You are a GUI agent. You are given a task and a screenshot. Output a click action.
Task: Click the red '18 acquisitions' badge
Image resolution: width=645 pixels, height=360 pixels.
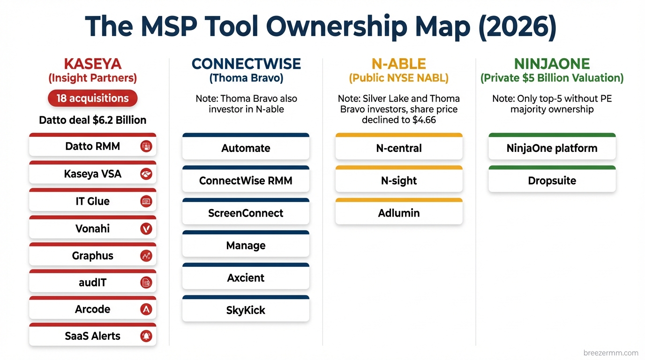[92, 98]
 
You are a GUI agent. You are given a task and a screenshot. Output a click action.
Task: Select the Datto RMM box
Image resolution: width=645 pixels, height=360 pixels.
[92, 146]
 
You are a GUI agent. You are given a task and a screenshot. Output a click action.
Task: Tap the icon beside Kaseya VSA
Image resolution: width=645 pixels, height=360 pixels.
[146, 174]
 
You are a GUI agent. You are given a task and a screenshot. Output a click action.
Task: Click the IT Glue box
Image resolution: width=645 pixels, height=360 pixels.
[92, 201]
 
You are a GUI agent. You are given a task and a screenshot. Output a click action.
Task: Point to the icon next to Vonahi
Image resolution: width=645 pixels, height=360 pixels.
[146, 229]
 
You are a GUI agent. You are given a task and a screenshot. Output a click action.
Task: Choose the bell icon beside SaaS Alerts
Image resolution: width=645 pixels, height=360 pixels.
[146, 336]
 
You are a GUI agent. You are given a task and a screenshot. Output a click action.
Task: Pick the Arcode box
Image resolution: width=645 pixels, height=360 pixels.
[92, 309]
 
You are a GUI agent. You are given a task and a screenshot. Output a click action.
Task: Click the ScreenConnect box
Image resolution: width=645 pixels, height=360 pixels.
[246, 213]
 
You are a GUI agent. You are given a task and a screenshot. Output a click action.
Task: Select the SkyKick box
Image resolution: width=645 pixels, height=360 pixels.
[246, 310]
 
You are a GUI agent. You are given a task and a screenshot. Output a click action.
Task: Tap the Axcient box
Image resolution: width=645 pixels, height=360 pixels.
[246, 278]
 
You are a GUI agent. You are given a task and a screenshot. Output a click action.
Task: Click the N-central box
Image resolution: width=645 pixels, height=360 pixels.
[399, 149]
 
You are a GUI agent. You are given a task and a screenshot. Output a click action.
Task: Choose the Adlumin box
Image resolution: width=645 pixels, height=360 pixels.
[399, 213]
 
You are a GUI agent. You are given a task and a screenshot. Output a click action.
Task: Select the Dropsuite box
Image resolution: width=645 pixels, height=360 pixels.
[552, 181]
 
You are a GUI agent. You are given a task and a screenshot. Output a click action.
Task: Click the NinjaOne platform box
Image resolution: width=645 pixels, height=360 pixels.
[552, 149]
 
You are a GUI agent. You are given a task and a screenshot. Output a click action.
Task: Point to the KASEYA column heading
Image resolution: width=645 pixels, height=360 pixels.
[92, 64]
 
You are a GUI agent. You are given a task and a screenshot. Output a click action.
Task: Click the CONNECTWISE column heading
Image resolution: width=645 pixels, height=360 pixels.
[246, 64]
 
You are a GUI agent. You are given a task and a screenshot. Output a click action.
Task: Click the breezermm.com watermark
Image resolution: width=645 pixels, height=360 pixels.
[611, 353]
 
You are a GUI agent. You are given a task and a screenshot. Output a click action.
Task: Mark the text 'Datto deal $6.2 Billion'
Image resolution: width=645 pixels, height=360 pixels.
[92, 120]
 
